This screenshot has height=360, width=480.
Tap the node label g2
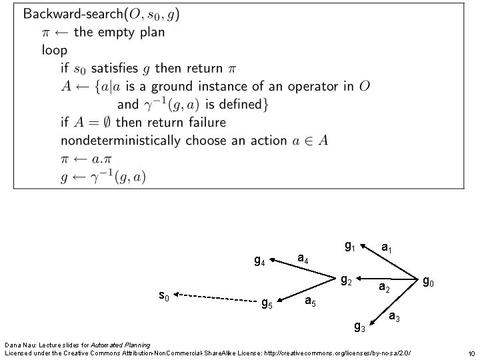click(x=347, y=280)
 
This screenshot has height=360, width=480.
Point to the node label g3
click(x=359, y=326)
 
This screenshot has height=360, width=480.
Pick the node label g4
click(x=260, y=261)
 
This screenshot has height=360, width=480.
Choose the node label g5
click(x=266, y=304)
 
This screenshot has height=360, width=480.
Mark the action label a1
click(x=386, y=247)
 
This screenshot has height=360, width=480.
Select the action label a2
click(x=384, y=288)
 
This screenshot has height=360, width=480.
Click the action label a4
click(x=302, y=257)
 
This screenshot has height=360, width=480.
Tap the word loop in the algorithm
click(x=54, y=49)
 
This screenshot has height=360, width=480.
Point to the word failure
click(x=203, y=123)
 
